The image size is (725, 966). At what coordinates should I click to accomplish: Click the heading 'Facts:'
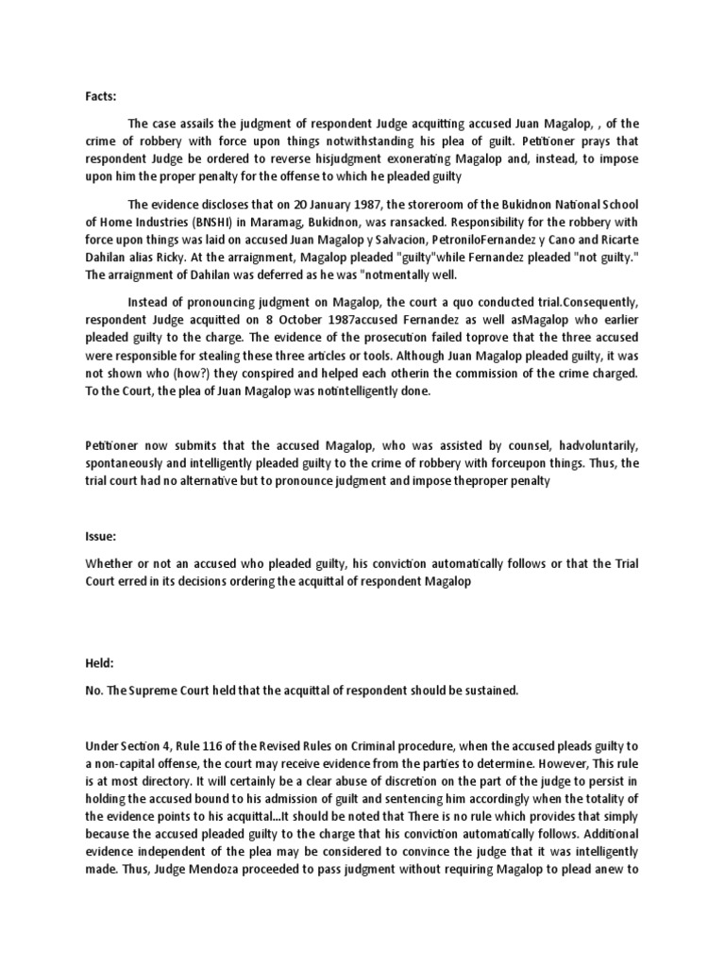tap(100, 95)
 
